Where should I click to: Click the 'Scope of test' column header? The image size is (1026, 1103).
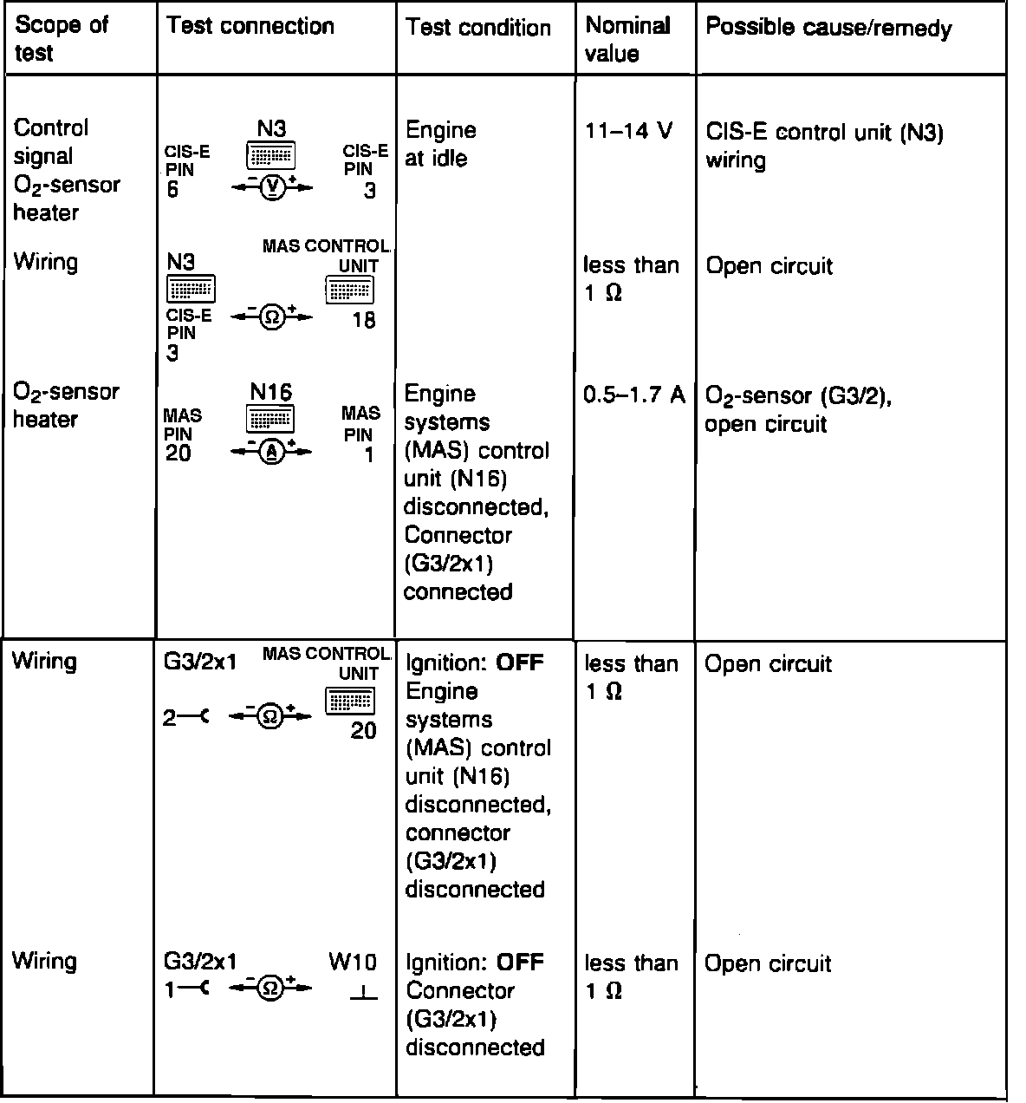(61, 38)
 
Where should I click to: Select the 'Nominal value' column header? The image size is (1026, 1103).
(627, 39)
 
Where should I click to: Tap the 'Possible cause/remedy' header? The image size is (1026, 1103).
(828, 28)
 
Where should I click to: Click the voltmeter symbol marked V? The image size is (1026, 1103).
(272, 186)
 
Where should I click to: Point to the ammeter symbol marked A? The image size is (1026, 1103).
(272, 451)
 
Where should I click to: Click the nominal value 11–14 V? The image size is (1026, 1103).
(629, 131)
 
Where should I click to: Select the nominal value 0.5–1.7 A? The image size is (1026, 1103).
(634, 395)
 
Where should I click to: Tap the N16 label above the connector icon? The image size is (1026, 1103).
(270, 392)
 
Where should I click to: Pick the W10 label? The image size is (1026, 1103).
(353, 962)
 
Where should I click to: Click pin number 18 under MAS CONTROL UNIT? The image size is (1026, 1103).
(364, 320)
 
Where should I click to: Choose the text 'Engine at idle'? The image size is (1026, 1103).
(440, 144)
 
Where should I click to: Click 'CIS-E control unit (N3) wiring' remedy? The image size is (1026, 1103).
(824, 146)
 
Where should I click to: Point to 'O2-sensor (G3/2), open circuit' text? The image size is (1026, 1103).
(798, 410)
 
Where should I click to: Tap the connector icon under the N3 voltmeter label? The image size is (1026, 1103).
(271, 155)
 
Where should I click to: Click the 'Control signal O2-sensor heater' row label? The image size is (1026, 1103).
(67, 170)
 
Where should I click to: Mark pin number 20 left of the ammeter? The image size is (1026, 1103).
(178, 453)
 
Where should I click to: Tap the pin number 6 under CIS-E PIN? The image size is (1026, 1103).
(172, 189)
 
